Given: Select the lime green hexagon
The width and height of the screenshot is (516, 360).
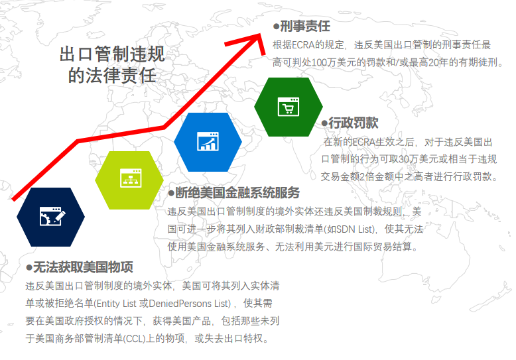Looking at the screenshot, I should (130, 179).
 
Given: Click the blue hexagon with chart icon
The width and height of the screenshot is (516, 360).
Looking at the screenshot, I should (208, 141).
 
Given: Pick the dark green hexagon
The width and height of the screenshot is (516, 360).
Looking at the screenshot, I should (289, 107).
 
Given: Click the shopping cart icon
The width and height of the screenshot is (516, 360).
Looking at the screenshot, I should (289, 107).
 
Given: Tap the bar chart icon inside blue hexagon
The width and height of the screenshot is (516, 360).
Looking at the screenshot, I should (208, 142).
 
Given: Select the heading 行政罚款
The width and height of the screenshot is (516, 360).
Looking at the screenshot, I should (354, 123).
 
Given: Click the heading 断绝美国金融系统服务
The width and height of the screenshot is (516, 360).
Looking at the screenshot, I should (237, 193).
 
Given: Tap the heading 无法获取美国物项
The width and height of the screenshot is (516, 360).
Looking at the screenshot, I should (83, 268).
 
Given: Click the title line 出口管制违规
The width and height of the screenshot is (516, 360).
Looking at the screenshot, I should (112, 54).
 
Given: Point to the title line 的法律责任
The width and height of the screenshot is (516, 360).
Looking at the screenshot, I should (112, 75).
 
